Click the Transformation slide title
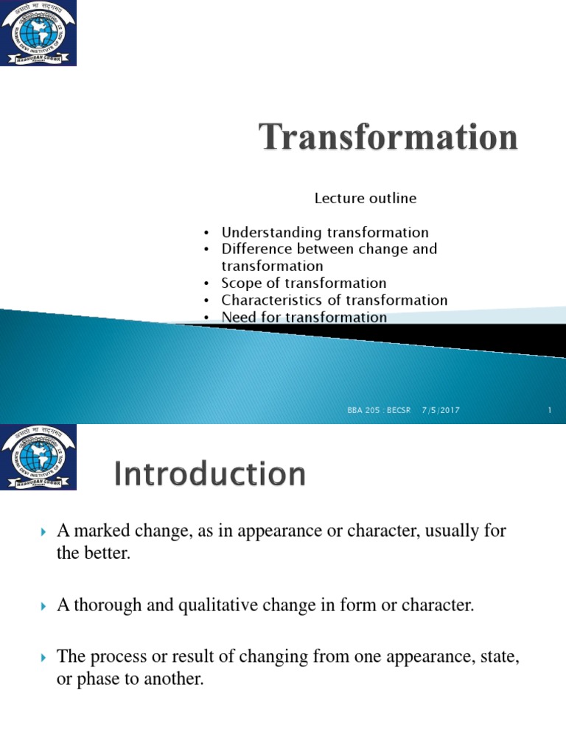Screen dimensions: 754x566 388,138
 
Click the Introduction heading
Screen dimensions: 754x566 210,474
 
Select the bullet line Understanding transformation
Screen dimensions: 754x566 325,233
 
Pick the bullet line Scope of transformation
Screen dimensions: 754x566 304,283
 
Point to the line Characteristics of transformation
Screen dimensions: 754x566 335,300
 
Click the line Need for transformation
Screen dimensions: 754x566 304,317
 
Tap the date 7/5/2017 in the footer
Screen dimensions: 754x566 441,410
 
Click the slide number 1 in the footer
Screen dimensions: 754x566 550,410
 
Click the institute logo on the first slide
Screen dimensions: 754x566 38,32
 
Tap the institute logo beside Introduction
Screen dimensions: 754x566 38,457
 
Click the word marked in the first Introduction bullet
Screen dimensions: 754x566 99,531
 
